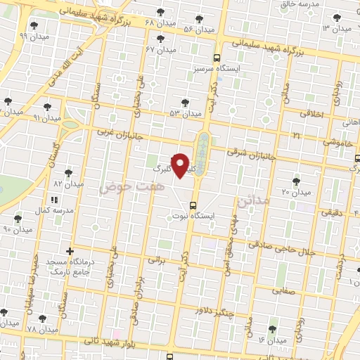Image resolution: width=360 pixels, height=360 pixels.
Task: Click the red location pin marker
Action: tap(181, 166)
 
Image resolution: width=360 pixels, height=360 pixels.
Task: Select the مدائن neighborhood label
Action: tap(255, 200)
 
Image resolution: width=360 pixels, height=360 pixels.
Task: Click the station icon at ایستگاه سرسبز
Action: tap(217, 59)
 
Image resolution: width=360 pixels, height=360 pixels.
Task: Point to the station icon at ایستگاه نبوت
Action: tap(194, 205)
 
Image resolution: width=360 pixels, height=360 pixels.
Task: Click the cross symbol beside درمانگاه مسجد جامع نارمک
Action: tap(69, 251)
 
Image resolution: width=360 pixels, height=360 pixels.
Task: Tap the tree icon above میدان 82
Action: tap(68, 172)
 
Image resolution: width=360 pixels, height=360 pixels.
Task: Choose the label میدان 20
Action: tap(296, 192)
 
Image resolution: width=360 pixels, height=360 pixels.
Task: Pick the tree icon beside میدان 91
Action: tap(47, 107)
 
